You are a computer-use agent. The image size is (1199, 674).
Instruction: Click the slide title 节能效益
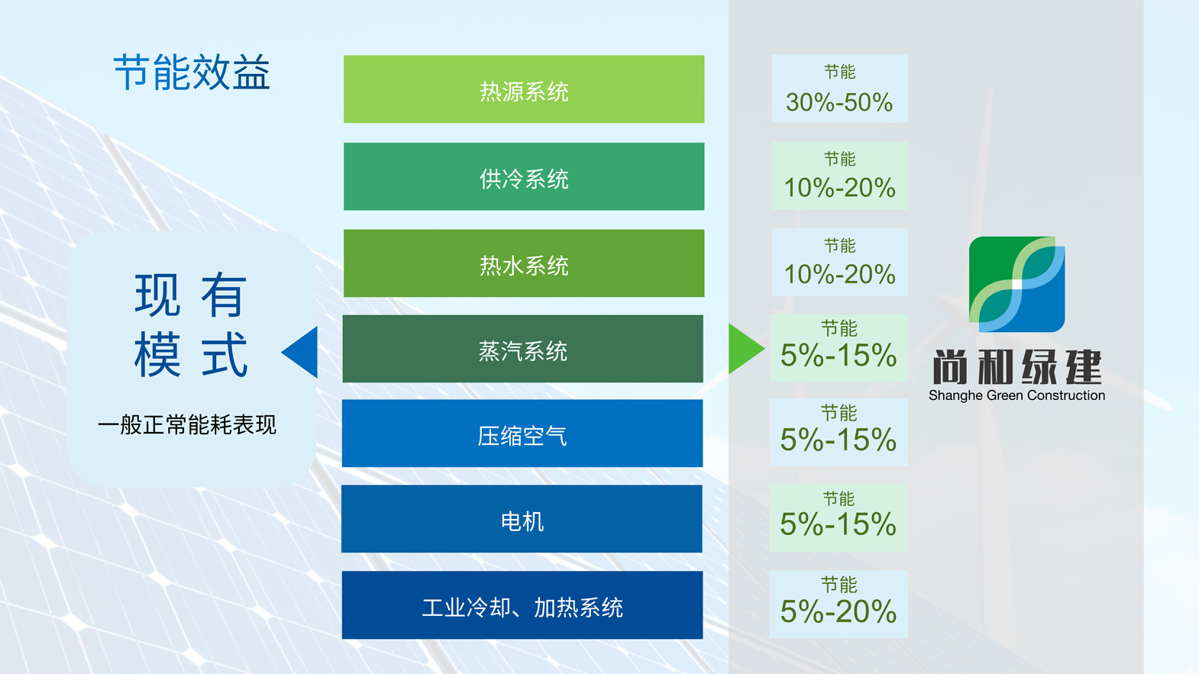[x=192, y=73]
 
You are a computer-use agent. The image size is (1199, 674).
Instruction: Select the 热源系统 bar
[x=523, y=89]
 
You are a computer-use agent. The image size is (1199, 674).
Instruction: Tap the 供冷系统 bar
[x=523, y=176]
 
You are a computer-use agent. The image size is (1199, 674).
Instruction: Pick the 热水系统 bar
[x=523, y=263]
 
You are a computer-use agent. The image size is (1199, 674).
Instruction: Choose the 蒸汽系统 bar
[x=522, y=349]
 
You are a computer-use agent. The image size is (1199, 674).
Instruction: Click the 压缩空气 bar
[x=522, y=434]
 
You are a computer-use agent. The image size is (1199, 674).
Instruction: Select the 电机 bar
[x=522, y=519]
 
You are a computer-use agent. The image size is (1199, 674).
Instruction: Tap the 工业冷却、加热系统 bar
[x=522, y=605]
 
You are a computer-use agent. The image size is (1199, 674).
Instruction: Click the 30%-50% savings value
[x=839, y=102]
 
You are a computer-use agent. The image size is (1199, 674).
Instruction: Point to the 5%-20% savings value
[x=839, y=611]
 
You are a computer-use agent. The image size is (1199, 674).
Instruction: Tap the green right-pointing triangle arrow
[x=747, y=349]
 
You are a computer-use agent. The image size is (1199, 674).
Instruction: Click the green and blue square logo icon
[x=1017, y=284]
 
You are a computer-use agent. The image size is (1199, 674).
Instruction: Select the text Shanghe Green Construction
[x=1017, y=395]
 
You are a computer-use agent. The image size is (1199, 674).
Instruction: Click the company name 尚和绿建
[x=1017, y=367]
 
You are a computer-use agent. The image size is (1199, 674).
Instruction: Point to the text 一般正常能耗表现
[x=187, y=425]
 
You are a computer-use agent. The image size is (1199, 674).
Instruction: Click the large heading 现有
[x=190, y=295]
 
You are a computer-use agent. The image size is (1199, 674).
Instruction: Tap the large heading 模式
[x=191, y=354]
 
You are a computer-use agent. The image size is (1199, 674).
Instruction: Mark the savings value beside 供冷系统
[x=839, y=188]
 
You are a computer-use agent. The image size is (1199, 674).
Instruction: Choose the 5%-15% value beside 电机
[x=839, y=524]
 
